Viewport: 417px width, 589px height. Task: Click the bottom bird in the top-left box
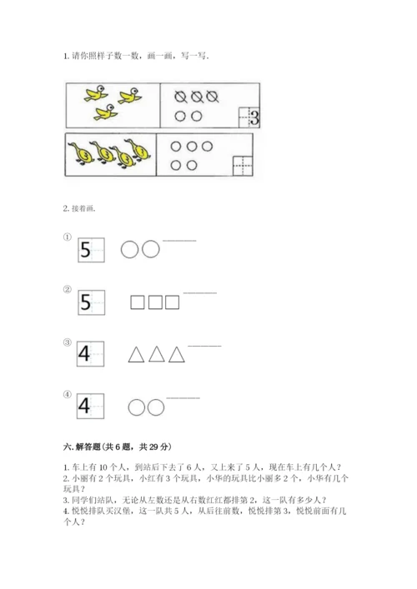click(x=106, y=112)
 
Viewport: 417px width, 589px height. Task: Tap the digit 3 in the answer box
click(x=254, y=117)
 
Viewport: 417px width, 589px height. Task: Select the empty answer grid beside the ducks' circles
click(x=243, y=166)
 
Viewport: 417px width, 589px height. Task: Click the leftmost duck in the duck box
click(x=80, y=153)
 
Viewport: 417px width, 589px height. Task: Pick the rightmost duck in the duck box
click(x=138, y=150)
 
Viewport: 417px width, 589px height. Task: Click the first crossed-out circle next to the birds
click(x=181, y=97)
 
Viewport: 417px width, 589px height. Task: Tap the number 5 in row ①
click(x=86, y=250)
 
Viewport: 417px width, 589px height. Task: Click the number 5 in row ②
click(x=86, y=302)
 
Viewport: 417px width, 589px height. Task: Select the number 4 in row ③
click(x=84, y=353)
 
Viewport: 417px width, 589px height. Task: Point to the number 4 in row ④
click(x=84, y=406)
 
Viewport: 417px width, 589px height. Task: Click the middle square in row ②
click(x=155, y=302)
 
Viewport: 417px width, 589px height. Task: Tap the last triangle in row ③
click(x=176, y=355)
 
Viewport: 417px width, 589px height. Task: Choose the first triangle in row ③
click(x=136, y=355)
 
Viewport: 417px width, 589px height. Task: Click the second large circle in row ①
click(x=151, y=249)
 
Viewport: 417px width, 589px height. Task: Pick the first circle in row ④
click(x=136, y=407)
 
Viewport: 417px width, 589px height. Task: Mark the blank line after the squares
click(x=200, y=293)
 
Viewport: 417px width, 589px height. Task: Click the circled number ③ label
click(x=68, y=342)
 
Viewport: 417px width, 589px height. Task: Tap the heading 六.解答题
click(x=82, y=447)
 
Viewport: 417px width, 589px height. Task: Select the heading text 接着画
click(x=83, y=208)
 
